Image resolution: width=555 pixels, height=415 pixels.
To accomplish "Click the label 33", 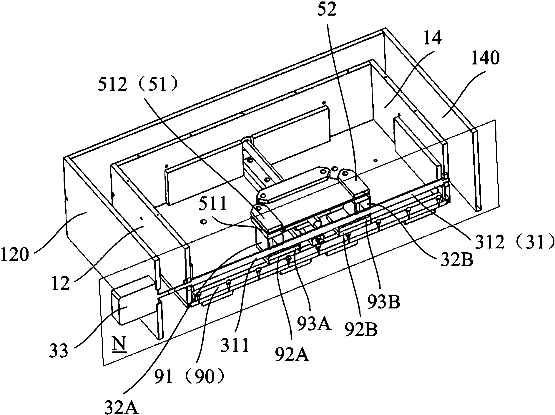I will coord(59,351).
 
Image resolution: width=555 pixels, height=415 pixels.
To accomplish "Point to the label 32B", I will coord(456,260).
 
